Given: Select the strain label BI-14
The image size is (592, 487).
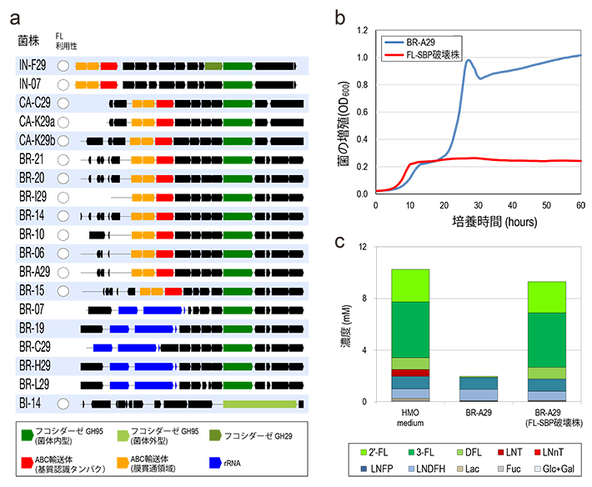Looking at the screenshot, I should pos(30,404).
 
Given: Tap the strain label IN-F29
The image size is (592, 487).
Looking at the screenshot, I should pos(33,64).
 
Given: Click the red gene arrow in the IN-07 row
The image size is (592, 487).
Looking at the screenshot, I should pos(108,83).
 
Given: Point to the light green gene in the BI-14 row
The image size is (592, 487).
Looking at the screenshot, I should pos(259,404).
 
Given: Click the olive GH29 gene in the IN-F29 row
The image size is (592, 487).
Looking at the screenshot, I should pos(213,64).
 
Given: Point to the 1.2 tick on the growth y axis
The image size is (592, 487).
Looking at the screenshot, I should pos(362,30).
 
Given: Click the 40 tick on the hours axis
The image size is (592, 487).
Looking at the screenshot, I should pos(512,205).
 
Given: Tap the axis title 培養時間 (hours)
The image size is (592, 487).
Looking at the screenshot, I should pos(478,223).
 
